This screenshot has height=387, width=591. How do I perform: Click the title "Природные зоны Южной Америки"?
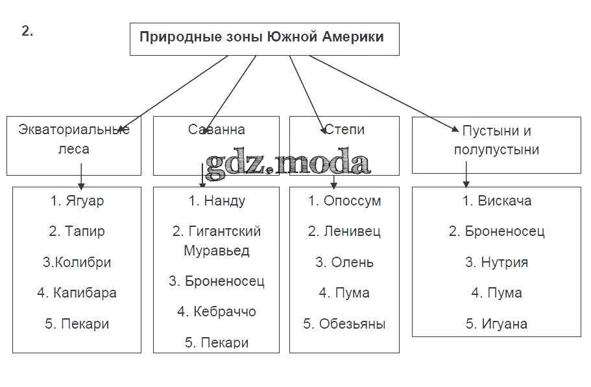(x=261, y=37)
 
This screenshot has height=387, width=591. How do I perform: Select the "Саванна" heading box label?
(x=216, y=130)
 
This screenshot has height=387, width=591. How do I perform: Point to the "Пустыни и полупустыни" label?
(x=496, y=140)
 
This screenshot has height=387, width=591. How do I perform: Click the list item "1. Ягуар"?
(x=77, y=201)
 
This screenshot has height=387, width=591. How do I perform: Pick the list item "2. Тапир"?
(x=77, y=231)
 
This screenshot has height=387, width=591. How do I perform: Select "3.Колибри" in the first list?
(x=77, y=263)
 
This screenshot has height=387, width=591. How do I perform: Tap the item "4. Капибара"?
(x=77, y=293)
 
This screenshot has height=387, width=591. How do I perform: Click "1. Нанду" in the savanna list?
(x=217, y=201)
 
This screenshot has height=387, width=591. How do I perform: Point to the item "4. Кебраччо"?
(x=217, y=312)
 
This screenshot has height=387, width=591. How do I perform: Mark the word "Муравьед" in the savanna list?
(x=217, y=250)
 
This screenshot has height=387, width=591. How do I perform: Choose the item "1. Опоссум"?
(x=344, y=201)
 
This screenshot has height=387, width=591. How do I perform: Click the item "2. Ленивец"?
(x=344, y=231)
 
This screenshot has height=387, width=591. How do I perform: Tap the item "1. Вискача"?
(x=496, y=201)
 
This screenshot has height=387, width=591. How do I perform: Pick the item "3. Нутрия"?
(x=496, y=263)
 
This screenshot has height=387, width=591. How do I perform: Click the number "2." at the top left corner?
(x=27, y=31)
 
